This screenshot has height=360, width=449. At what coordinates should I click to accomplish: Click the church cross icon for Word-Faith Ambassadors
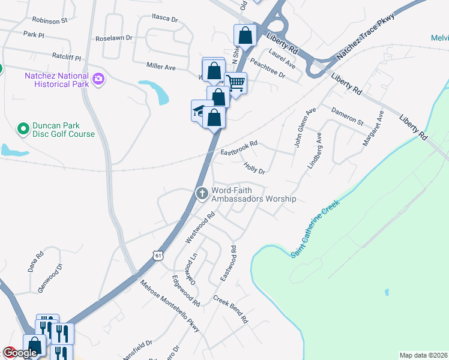[x=202, y=193]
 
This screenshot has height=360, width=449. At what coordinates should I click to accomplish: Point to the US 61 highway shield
[x=157, y=256]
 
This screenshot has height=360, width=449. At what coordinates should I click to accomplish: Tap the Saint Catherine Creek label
[x=316, y=229]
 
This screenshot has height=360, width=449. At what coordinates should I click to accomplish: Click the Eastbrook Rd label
[x=239, y=148]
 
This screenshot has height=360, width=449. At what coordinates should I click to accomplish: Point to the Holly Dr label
[x=254, y=166]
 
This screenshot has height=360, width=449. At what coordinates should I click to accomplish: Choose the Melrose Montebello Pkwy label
[x=169, y=305]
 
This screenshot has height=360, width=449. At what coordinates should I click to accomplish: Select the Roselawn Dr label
[x=114, y=38]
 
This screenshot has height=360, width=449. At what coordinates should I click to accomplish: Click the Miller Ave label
[x=161, y=66]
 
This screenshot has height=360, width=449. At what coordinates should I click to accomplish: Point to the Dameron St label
[x=348, y=116]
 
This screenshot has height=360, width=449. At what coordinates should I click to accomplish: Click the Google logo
[x=19, y=353]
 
